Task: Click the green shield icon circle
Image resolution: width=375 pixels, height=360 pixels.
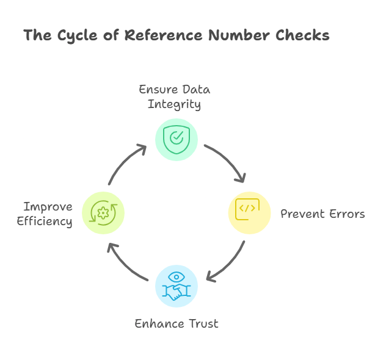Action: [176, 140]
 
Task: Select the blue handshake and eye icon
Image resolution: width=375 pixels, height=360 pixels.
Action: [176, 286]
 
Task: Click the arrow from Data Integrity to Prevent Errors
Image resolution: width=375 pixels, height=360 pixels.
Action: [227, 160]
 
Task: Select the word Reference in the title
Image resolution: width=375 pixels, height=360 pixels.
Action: [161, 35]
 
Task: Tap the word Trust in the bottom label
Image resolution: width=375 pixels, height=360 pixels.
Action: [201, 323]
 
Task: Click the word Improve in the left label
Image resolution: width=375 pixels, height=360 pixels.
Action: [48, 206]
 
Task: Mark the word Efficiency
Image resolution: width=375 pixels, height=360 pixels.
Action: [44, 221]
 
